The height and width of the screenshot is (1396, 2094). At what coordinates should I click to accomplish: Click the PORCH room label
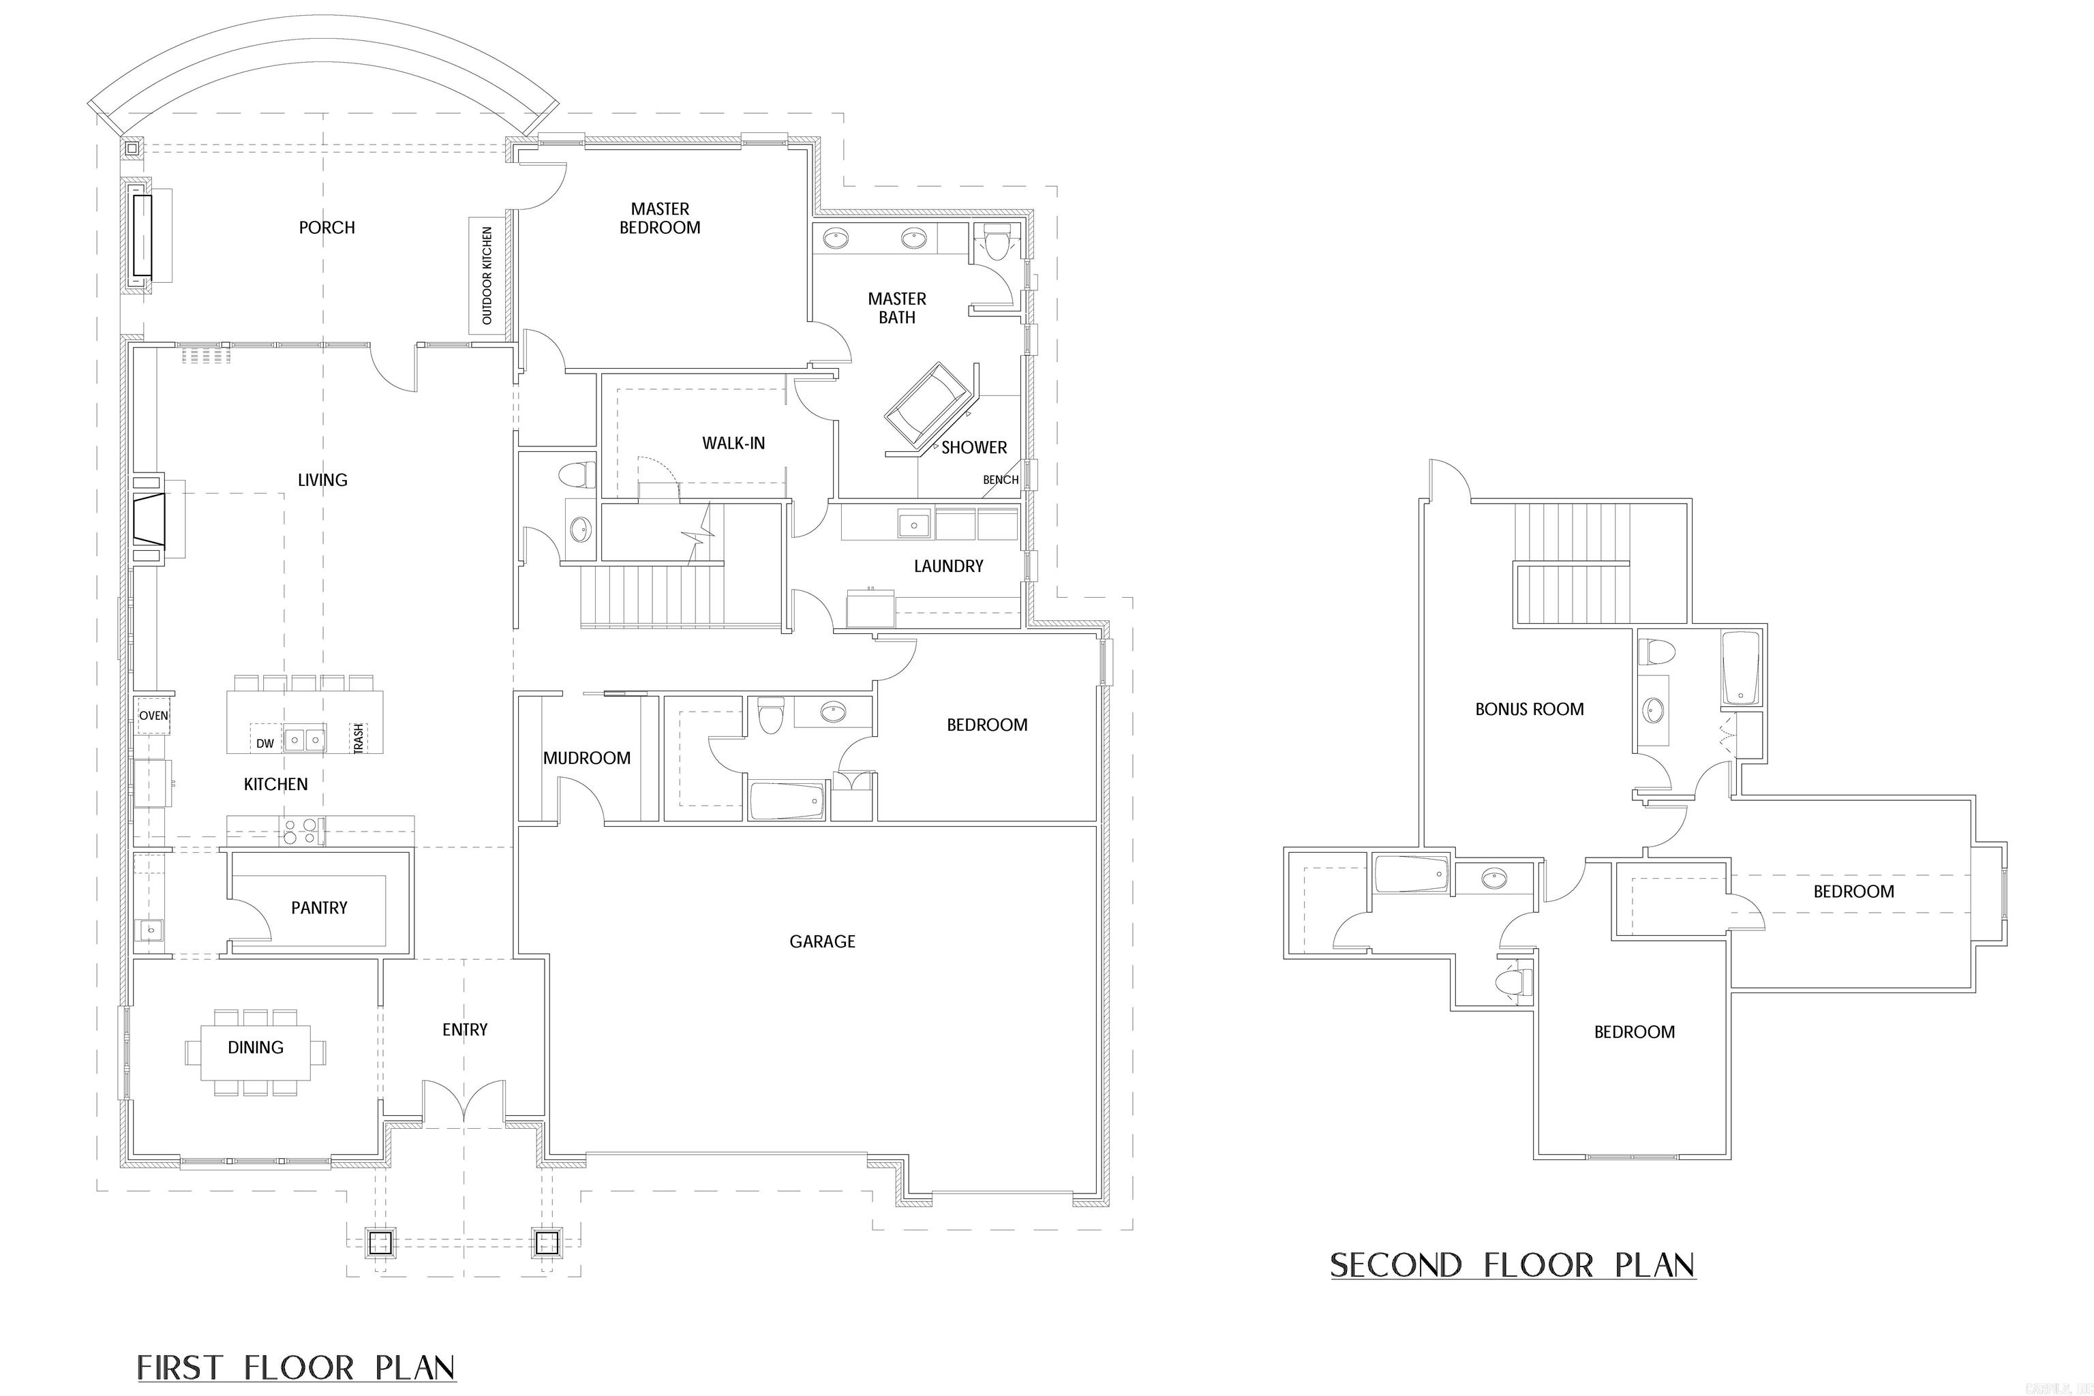(x=327, y=228)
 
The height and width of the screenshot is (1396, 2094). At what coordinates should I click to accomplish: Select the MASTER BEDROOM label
(x=660, y=218)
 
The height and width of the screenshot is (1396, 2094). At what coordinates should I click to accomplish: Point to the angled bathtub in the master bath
(x=926, y=407)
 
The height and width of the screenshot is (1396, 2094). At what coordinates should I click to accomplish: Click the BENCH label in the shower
(x=1000, y=480)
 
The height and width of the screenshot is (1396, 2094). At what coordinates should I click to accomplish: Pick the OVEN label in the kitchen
(x=153, y=716)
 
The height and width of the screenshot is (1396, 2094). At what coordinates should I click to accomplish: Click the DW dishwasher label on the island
(x=265, y=742)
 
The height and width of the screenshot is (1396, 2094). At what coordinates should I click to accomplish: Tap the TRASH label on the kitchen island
(x=359, y=739)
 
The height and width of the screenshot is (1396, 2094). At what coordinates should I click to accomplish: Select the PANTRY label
(x=319, y=908)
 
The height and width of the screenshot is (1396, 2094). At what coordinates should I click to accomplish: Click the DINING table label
(x=256, y=1048)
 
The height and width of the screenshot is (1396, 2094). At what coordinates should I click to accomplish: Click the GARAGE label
(x=822, y=942)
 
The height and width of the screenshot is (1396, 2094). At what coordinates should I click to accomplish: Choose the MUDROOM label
(x=587, y=759)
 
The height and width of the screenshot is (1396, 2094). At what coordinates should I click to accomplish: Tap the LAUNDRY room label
(x=948, y=566)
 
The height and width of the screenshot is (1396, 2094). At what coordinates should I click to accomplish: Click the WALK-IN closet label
(x=733, y=443)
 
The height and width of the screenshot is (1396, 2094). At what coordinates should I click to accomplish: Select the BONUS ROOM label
(x=1529, y=710)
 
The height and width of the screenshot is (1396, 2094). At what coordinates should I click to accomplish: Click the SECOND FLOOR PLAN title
(x=1512, y=1265)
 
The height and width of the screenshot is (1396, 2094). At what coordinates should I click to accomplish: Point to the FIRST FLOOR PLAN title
(x=297, y=1367)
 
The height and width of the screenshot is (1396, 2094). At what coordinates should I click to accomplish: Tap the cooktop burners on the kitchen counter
(x=299, y=831)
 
